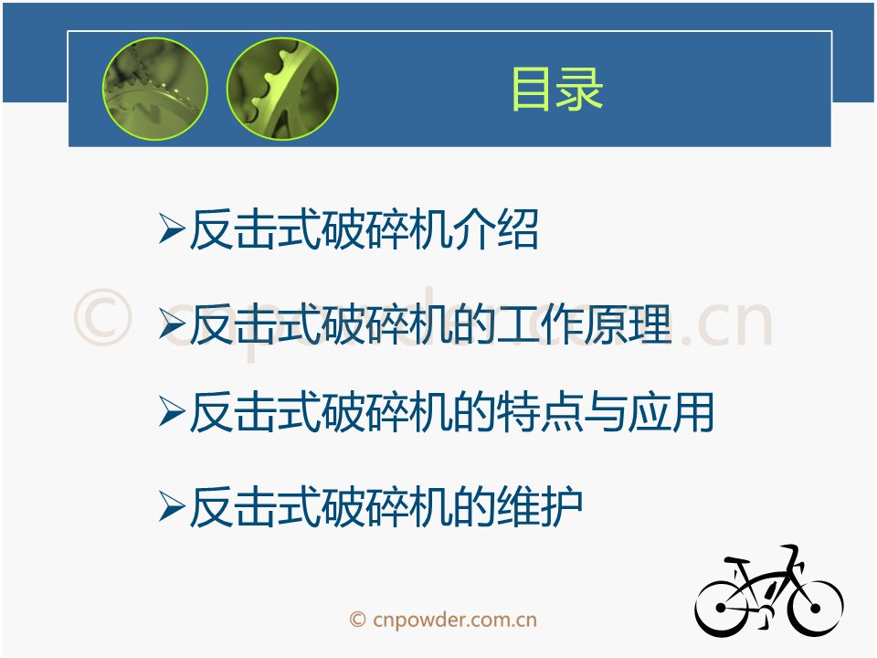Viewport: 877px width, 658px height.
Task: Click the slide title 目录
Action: [557, 89]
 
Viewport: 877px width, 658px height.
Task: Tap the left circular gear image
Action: [155, 89]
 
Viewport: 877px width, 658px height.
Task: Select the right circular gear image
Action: [282, 89]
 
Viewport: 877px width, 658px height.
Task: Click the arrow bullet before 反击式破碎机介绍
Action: [172, 228]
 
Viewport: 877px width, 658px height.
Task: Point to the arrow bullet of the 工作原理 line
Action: [172, 324]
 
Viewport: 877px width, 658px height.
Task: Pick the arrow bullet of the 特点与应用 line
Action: [172, 411]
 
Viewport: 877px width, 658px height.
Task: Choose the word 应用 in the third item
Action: [671, 412]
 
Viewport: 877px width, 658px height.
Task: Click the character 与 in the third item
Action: [605, 412]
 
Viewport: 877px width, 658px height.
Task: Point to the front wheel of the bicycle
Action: [815, 608]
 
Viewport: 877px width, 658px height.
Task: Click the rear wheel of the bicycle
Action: [722, 608]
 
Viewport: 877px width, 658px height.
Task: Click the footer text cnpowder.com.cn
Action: [454, 620]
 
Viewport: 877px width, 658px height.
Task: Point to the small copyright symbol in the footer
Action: [357, 620]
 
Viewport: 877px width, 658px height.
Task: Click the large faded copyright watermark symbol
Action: [103, 317]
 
